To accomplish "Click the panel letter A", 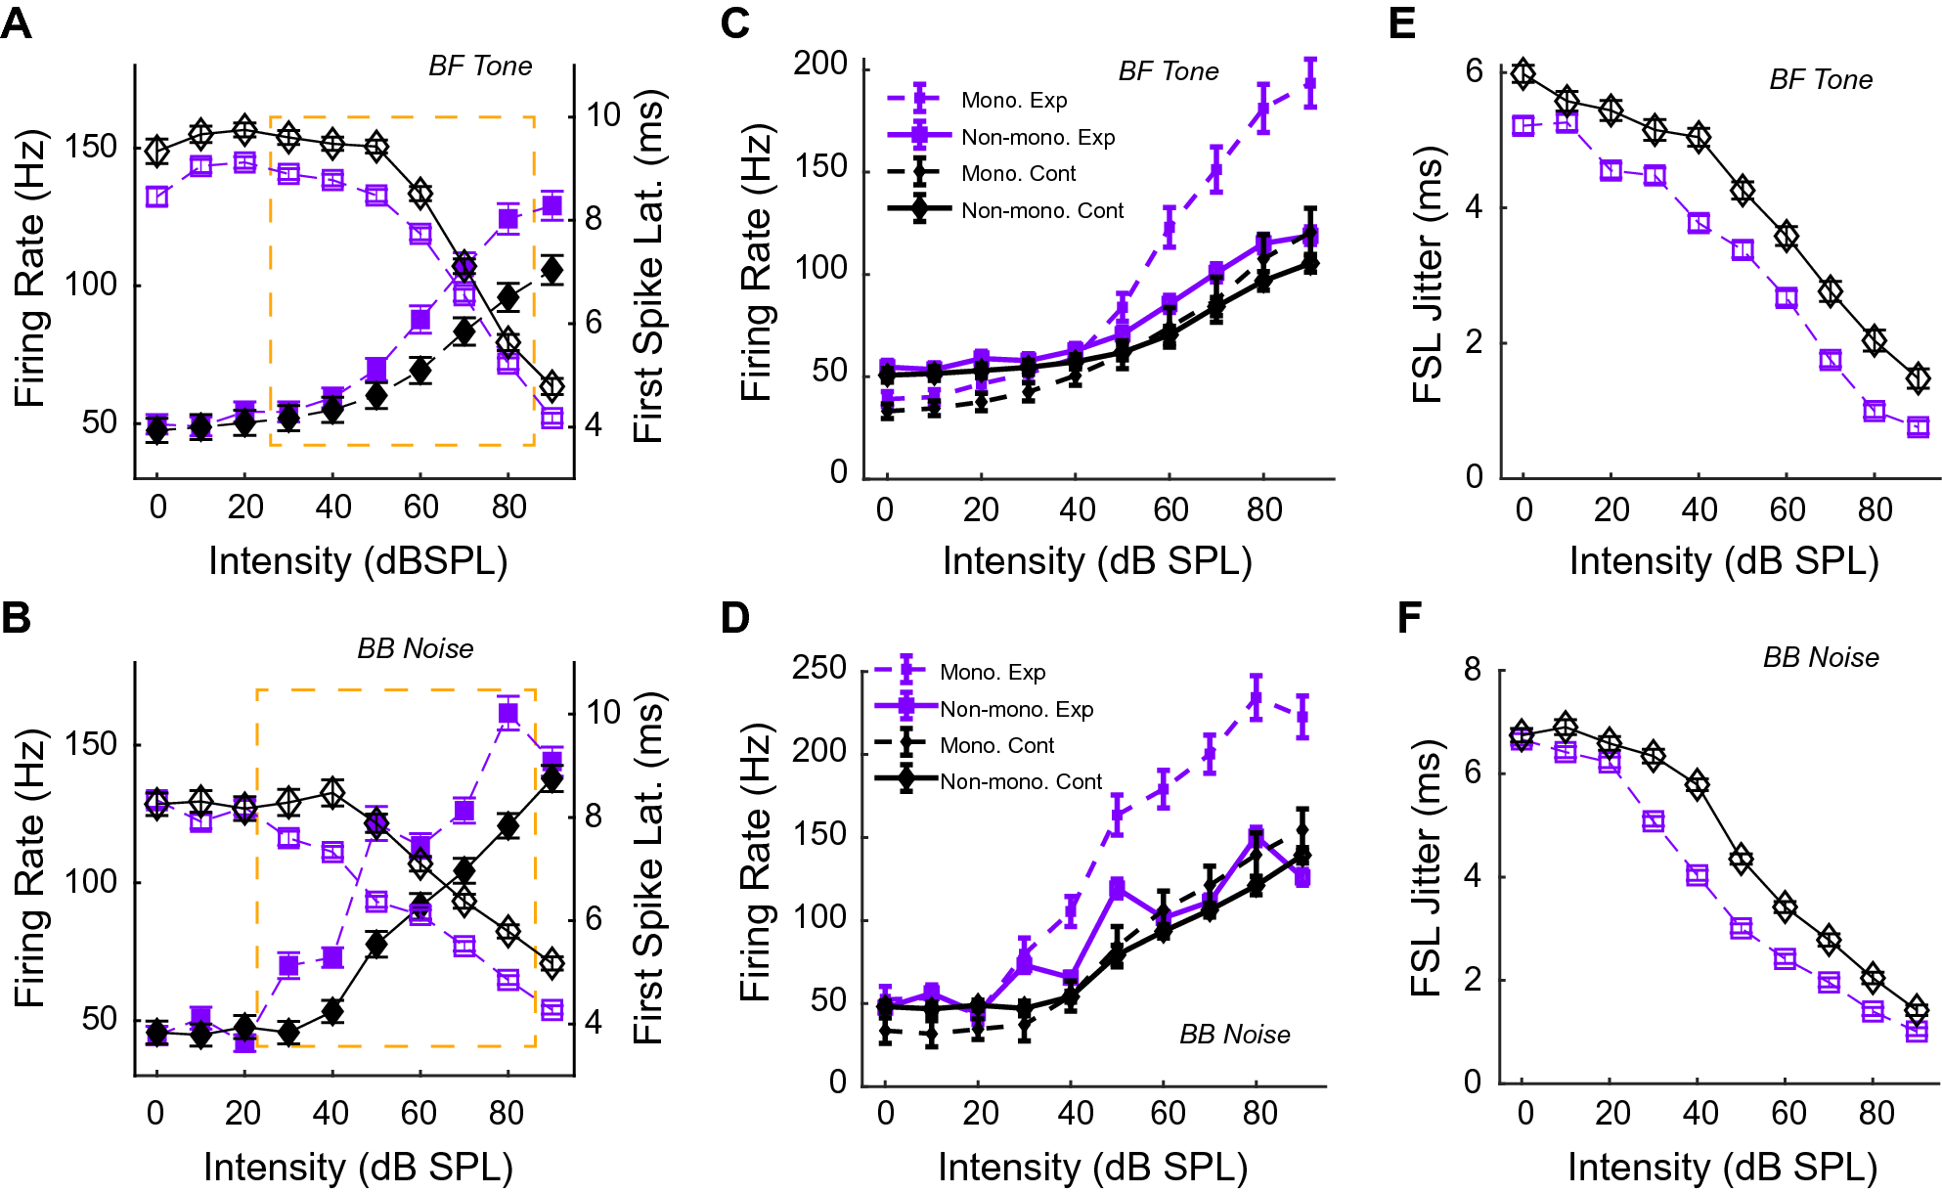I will tap(17, 22).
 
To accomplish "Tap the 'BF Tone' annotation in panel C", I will tap(1168, 71).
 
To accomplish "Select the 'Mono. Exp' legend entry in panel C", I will tap(1013, 100).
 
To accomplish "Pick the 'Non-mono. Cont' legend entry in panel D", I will tap(1020, 782).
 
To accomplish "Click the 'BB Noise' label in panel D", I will tap(1234, 1035).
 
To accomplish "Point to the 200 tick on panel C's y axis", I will tap(820, 65).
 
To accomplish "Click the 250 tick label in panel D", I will tap(818, 669).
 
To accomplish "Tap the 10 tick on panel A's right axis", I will tap(602, 115).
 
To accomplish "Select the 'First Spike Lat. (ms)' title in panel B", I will tap(647, 868).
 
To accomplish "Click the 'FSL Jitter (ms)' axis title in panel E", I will tap(1429, 275).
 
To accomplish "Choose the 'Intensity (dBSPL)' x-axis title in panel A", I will tap(358, 561).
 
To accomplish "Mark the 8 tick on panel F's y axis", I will tap(1473, 670).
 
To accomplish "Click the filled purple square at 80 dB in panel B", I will tap(508, 713).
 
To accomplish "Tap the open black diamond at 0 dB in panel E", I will tap(1523, 73).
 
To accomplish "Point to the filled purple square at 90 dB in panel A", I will tap(552, 205).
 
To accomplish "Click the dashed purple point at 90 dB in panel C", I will tap(1310, 84).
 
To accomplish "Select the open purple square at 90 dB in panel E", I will tap(1918, 427).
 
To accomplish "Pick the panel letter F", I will tap(1409, 618).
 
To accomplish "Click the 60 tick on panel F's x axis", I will tap(1788, 1113).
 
